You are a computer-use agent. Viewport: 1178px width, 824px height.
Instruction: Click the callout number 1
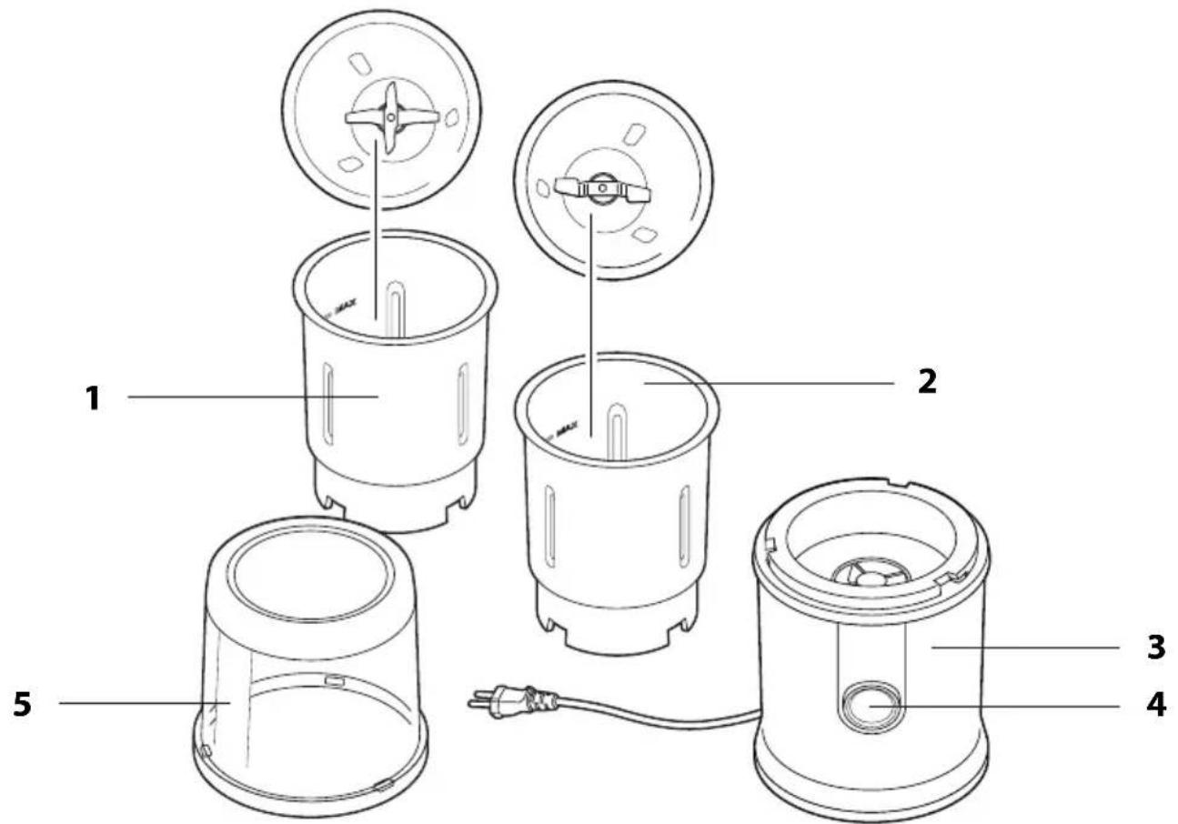(x=93, y=397)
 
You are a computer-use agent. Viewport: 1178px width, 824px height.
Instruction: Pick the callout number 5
(x=24, y=704)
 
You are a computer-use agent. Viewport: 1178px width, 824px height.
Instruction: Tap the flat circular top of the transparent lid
(x=309, y=583)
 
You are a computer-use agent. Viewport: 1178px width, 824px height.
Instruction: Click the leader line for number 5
(x=136, y=703)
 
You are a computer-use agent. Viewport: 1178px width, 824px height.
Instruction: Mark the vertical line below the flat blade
(x=592, y=318)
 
